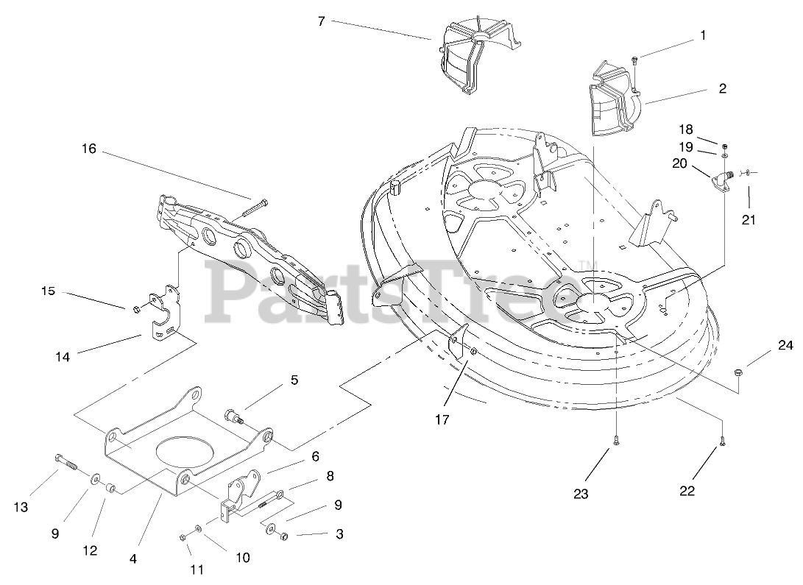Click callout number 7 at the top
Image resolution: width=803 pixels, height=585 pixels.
pyautogui.click(x=321, y=21)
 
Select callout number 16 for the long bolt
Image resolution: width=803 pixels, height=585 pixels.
pyautogui.click(x=89, y=149)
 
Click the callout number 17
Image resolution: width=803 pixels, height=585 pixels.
pyautogui.click(x=442, y=420)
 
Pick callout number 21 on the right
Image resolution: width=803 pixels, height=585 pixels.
pyautogui.click(x=749, y=219)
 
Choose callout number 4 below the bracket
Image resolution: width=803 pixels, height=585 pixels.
pyautogui.click(x=133, y=559)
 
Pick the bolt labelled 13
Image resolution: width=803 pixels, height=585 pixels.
pyautogui.click(x=66, y=464)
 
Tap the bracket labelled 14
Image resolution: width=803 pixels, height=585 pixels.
pyautogui.click(x=166, y=315)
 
